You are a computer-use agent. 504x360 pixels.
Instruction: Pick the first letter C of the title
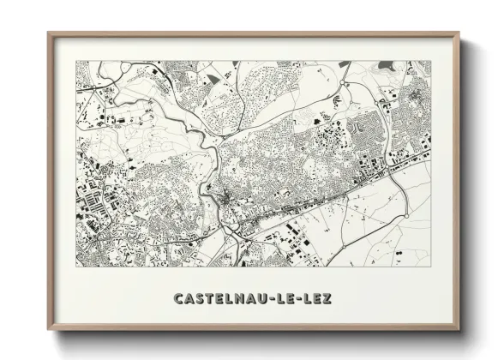[x=177, y=298]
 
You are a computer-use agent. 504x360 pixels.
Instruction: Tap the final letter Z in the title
[x=327, y=298]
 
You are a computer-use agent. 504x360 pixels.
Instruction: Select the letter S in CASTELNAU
[x=200, y=298]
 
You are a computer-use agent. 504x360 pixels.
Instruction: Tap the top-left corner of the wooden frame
[x=49, y=34]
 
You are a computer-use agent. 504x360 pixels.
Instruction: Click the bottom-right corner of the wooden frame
[x=458, y=329]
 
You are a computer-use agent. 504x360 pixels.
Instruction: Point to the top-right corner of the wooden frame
[x=458, y=34]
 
